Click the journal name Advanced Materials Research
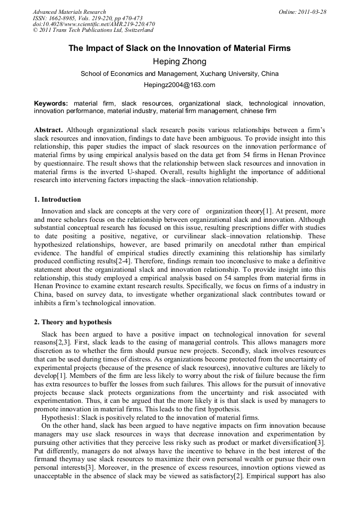click(69, 12)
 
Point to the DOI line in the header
click(93, 24)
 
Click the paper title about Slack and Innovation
click(179, 48)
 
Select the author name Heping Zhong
click(179, 62)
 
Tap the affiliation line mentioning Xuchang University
click(179, 74)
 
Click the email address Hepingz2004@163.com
click(179, 85)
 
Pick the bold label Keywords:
click(51, 103)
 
